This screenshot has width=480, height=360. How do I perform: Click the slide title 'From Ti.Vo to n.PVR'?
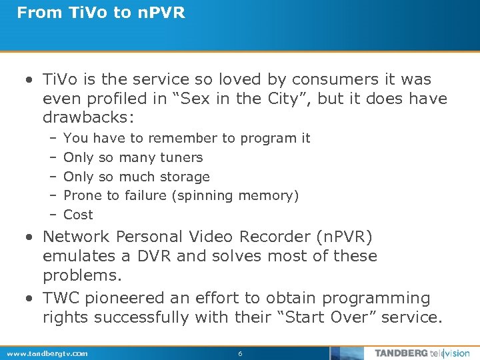click(x=101, y=13)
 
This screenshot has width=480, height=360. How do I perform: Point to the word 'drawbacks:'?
click(x=89, y=118)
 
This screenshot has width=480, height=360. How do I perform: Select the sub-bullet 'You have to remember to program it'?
click(x=187, y=138)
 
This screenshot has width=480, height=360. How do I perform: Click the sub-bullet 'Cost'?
click(x=78, y=215)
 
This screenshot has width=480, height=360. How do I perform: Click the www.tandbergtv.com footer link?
click(x=47, y=353)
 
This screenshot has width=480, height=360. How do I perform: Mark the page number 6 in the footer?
click(x=240, y=353)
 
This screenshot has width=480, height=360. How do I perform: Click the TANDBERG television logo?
click(x=421, y=353)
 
